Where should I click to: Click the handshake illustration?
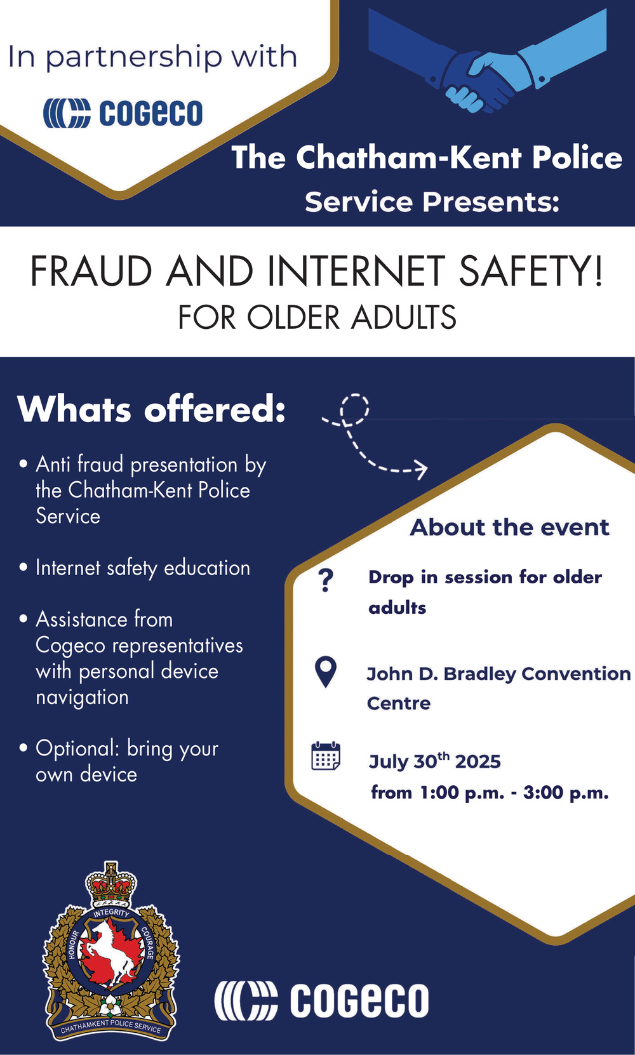(487, 61)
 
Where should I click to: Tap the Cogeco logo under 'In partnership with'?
(123, 113)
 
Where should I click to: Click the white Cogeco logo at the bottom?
(322, 999)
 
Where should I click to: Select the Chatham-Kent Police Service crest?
(111, 950)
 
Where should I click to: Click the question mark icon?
(326, 580)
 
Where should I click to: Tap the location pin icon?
(326, 672)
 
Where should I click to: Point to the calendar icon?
(326, 756)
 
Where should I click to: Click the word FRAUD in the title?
(91, 271)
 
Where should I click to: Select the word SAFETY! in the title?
(530, 271)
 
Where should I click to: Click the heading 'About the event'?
(510, 527)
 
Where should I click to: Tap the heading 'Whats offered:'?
(151, 409)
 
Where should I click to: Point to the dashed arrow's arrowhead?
(420, 469)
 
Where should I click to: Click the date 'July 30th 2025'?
(434, 760)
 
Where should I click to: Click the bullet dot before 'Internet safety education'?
(23, 567)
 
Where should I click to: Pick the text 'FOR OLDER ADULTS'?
(317, 317)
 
